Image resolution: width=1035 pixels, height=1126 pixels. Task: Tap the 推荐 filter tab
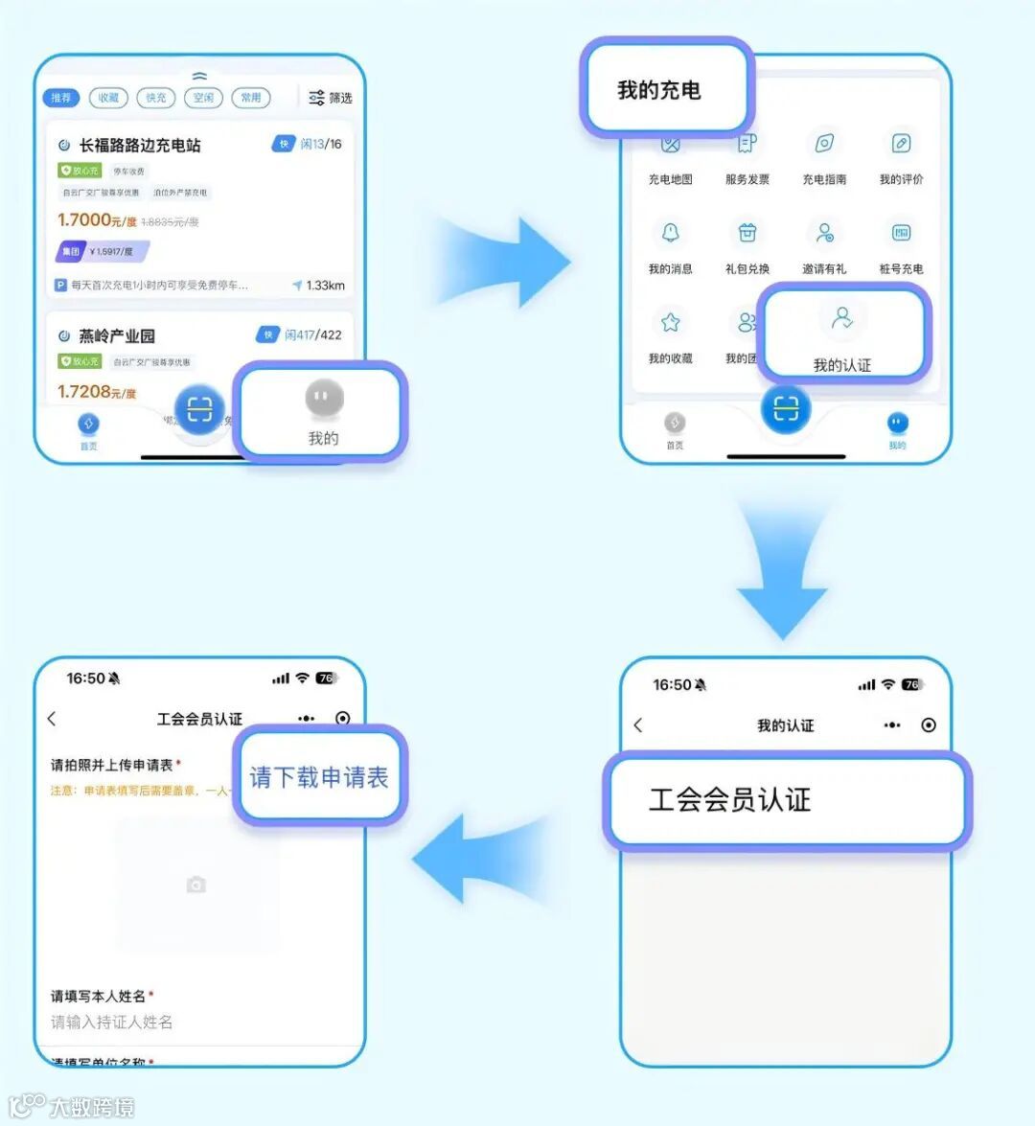(x=60, y=98)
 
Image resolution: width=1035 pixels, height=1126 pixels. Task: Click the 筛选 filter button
(x=331, y=98)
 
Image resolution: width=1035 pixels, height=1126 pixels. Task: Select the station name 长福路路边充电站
(x=140, y=146)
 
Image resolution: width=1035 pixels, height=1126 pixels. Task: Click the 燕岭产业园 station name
(x=117, y=336)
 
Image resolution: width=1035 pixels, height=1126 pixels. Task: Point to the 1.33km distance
(x=325, y=286)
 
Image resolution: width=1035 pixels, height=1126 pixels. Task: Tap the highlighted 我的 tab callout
(x=323, y=413)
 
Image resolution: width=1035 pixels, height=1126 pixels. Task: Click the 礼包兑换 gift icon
(x=747, y=233)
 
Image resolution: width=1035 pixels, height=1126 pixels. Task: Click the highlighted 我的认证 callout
(x=842, y=336)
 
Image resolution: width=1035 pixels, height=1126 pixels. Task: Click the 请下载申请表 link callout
(x=319, y=777)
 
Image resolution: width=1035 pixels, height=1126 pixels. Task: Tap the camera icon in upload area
(x=196, y=885)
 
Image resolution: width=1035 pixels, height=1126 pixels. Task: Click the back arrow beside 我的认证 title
(x=639, y=725)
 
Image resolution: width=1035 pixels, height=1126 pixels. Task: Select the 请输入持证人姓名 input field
(x=112, y=1023)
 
